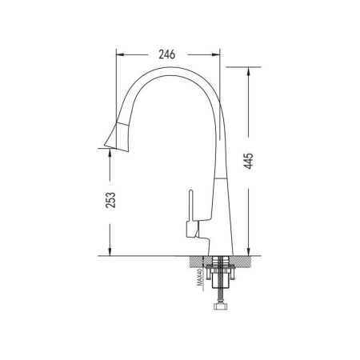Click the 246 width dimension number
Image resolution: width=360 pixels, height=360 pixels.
167,54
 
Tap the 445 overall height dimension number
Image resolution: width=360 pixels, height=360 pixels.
248,161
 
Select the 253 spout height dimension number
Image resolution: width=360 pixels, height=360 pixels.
110,200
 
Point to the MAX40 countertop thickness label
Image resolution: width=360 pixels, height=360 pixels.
200,278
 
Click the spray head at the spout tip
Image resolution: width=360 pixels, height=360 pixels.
118,137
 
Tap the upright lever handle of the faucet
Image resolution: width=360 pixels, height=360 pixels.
190,206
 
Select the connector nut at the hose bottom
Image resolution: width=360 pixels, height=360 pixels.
221,306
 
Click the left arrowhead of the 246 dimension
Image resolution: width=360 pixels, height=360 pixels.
120,54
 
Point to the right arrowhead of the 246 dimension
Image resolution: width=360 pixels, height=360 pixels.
216,54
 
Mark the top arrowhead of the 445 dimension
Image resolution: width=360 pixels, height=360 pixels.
248,71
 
